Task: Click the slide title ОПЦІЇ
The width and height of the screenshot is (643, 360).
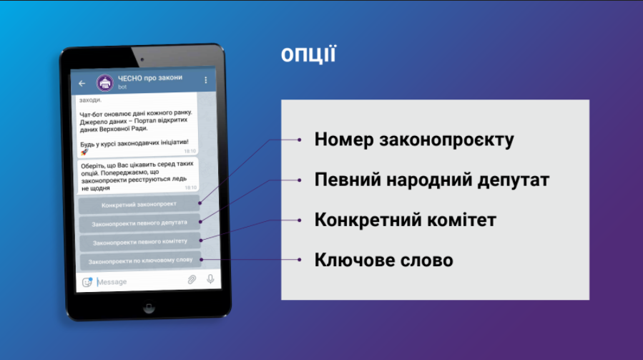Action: click(308, 54)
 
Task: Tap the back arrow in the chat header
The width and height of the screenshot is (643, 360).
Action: click(82, 83)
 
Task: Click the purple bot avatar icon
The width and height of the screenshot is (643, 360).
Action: click(105, 82)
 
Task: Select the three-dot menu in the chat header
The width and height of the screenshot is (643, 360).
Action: click(206, 80)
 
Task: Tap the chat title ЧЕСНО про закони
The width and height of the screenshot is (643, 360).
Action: click(150, 78)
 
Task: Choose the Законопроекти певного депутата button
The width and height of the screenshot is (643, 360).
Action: click(139, 223)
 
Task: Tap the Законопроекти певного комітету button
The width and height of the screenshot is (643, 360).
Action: click(140, 242)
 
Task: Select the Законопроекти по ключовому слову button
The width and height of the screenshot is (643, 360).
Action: click(140, 261)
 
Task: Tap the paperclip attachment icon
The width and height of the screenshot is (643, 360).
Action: click(192, 280)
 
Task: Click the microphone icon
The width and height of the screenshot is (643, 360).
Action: click(210, 278)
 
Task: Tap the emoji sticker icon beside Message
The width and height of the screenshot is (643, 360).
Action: click(87, 283)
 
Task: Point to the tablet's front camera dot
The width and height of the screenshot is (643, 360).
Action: click(142, 59)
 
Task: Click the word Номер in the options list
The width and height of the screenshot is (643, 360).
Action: click(344, 140)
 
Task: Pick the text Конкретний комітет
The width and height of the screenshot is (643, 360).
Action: click(405, 220)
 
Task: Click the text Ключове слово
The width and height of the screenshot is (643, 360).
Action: click(384, 261)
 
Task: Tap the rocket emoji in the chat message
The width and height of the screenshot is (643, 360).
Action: click(84, 152)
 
